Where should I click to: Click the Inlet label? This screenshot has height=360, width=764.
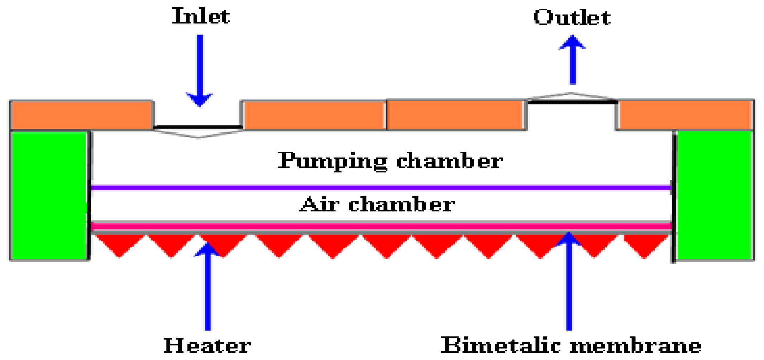[x=201, y=16]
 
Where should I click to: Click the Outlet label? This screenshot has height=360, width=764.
[x=572, y=17]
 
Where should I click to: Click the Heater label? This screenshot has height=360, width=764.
[x=207, y=345]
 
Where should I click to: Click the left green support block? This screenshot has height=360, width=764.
[x=49, y=195]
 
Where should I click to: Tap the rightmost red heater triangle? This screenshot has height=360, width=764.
[x=645, y=244]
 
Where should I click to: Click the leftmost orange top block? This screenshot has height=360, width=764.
[x=82, y=115]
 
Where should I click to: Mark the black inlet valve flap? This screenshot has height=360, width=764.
[x=198, y=127]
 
